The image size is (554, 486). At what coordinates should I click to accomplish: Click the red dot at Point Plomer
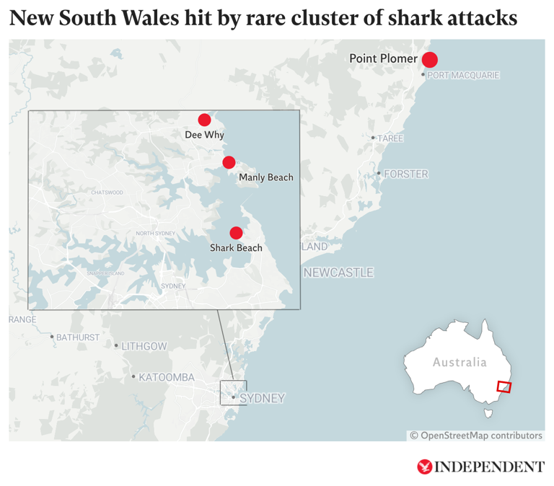[x=430, y=60]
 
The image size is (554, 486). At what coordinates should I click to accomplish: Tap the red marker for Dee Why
[x=204, y=120]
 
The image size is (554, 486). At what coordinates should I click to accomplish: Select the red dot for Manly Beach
[x=229, y=162]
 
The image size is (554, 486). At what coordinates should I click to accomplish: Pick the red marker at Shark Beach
[x=235, y=233]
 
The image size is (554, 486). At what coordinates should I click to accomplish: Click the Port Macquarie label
[x=463, y=76]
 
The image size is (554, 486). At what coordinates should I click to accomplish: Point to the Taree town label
[x=390, y=138]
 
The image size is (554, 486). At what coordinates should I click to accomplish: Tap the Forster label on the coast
[x=406, y=174]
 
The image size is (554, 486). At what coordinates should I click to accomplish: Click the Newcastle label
[x=338, y=273]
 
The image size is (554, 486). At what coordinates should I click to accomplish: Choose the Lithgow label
[x=144, y=346]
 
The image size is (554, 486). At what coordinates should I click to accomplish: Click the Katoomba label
[x=167, y=377]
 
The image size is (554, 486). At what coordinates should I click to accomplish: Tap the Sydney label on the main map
[x=262, y=398]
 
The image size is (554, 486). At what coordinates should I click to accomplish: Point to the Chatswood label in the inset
[x=107, y=193]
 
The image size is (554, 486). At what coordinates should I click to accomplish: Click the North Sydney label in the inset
[x=155, y=233]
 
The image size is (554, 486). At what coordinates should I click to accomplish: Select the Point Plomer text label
[x=383, y=58]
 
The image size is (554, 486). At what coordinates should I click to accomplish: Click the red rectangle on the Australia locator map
[x=504, y=386]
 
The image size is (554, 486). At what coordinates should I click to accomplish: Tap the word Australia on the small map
[x=460, y=362]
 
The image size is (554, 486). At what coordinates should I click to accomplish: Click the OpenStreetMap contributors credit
[x=476, y=436]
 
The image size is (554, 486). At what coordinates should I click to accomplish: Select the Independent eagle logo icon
[x=424, y=467]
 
